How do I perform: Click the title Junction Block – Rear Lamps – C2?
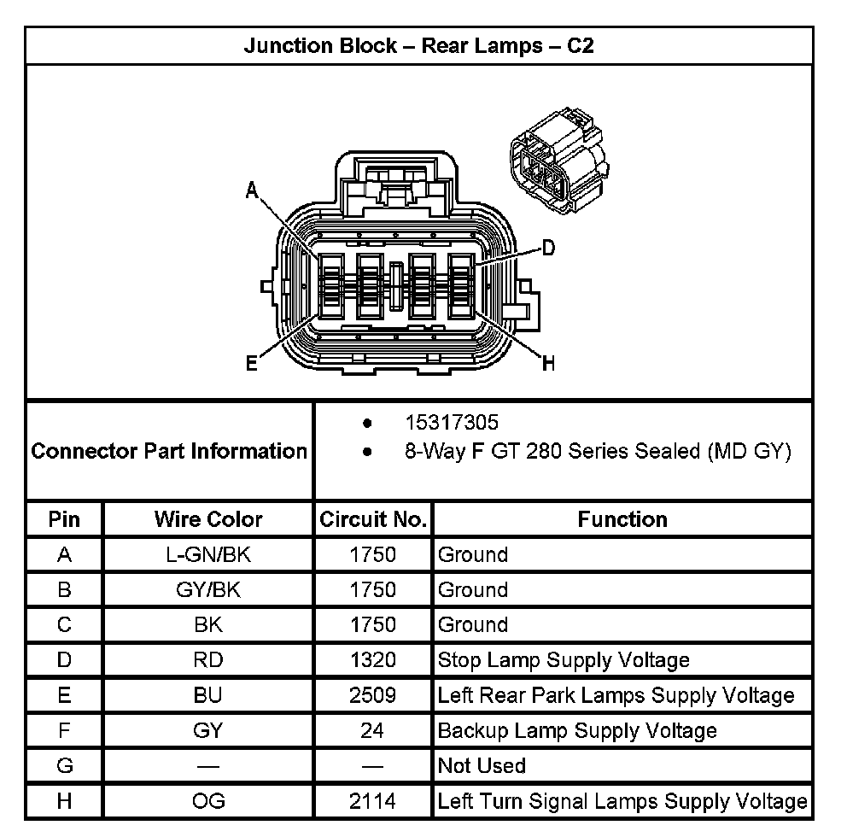(x=418, y=45)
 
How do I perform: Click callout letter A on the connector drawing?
(x=252, y=190)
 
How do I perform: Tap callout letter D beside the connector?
(x=548, y=249)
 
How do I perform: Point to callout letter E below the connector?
(x=252, y=365)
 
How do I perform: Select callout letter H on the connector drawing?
(x=548, y=365)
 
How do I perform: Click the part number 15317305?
(x=452, y=423)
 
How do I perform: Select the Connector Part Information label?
(x=169, y=451)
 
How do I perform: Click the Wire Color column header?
(x=208, y=519)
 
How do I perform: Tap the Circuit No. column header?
(x=373, y=519)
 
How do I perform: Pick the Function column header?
(x=622, y=519)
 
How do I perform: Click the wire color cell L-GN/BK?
(x=208, y=555)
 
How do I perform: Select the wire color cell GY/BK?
(x=208, y=590)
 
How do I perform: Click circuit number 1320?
(x=373, y=660)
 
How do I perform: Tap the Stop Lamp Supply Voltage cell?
(x=564, y=660)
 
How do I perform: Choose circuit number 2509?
(x=373, y=695)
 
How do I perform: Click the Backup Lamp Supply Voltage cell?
(x=577, y=731)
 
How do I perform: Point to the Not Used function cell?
(x=482, y=766)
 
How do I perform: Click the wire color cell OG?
(x=208, y=801)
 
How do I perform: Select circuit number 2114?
(x=373, y=801)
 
